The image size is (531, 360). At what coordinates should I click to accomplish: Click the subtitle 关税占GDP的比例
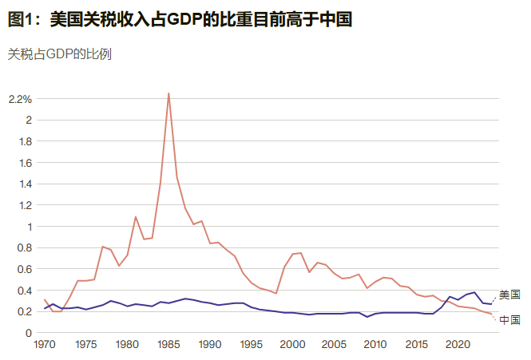(x=59, y=54)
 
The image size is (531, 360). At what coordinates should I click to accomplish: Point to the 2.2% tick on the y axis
(x=20, y=99)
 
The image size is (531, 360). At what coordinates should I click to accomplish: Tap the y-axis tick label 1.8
(x=24, y=141)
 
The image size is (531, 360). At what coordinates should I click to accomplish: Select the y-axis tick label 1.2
(x=24, y=205)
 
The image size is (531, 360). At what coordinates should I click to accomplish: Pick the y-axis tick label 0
(x=28, y=333)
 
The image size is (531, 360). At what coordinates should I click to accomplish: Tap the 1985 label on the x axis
(x=168, y=346)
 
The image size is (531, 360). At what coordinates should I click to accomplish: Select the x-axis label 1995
(x=252, y=346)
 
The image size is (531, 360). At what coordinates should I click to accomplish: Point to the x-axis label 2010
(x=375, y=346)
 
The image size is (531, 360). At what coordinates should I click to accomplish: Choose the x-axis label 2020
(x=458, y=346)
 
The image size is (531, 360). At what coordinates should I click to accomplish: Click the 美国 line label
(x=509, y=295)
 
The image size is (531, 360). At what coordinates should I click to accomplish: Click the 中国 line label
(x=509, y=320)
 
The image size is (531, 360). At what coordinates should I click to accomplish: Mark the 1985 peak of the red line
(x=168, y=93)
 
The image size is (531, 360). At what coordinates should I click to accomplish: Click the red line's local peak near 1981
(x=136, y=217)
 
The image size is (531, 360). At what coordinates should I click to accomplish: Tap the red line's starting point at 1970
(x=45, y=300)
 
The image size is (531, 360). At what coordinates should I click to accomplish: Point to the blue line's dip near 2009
(x=367, y=317)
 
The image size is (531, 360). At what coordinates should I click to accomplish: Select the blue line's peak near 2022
(x=474, y=292)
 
